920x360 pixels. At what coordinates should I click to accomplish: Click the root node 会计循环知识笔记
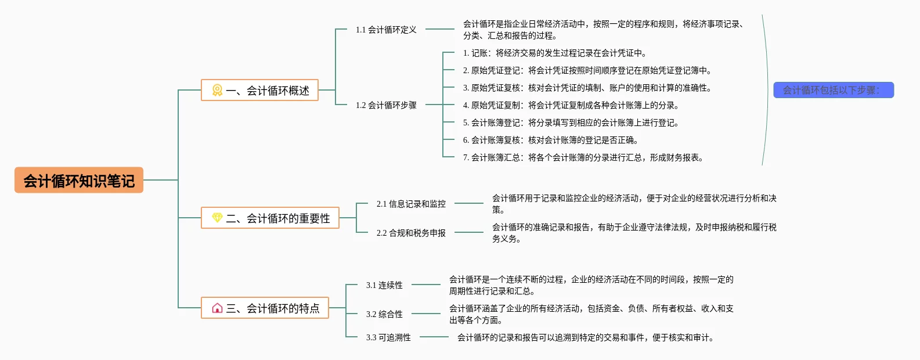point(79,180)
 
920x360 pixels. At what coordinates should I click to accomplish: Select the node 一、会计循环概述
point(259,90)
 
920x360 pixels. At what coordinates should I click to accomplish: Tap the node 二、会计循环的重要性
point(270,218)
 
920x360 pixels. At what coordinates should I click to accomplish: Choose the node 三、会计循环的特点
point(265,308)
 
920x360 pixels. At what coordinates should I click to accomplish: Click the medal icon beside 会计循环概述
point(217,90)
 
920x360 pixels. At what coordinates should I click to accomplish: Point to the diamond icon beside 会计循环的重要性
point(217,218)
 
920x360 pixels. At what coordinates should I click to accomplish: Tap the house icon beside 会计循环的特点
point(217,308)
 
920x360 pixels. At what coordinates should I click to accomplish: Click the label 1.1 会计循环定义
point(386,30)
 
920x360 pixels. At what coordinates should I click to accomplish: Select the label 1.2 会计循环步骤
point(386,105)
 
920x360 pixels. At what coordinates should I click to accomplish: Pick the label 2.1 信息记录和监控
point(411,204)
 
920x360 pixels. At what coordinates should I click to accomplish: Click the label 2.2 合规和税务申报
point(411,233)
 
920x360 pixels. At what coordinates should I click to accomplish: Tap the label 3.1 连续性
point(384,285)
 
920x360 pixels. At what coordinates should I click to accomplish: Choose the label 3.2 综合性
point(384,314)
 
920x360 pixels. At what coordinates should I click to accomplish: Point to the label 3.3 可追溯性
point(388,337)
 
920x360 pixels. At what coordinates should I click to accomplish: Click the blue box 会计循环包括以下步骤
point(834,90)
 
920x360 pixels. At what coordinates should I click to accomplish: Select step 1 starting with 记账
point(555,53)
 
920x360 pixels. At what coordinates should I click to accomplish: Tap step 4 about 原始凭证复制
point(571,105)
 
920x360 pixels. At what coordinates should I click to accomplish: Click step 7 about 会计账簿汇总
point(583,157)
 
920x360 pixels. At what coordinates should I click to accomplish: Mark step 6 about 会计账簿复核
point(551,140)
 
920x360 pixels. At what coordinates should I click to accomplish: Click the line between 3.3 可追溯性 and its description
point(434,337)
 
